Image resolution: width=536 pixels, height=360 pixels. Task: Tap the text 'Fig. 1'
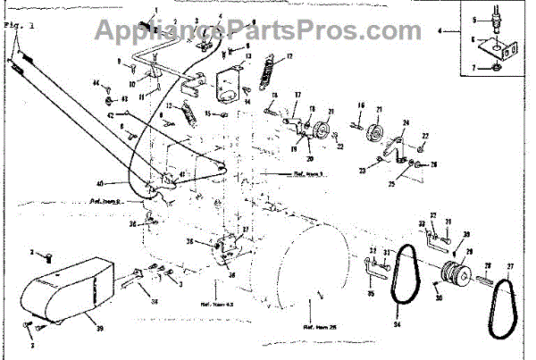(14, 26)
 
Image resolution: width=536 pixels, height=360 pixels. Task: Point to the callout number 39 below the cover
(98, 329)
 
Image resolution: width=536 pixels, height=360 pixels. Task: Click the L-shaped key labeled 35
(369, 268)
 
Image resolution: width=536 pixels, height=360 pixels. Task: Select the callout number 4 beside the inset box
(440, 33)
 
